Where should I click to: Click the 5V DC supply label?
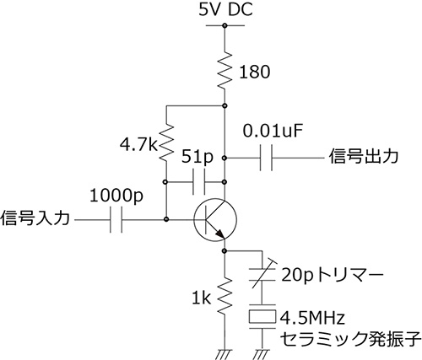(225, 9)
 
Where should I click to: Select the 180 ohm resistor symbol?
(225, 70)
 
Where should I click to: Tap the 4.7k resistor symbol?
(166, 142)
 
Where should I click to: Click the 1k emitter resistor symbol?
(225, 296)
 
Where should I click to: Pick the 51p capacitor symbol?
(199, 182)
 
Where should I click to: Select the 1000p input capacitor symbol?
(116, 220)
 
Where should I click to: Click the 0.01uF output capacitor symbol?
(266, 158)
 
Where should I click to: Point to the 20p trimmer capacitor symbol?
(262, 273)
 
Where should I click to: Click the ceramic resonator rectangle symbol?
(262, 316)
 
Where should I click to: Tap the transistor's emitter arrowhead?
(220, 234)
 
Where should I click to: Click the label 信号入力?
(35, 218)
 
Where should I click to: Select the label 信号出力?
(364, 156)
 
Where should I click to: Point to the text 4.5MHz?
(312, 318)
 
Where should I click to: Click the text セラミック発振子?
(350, 339)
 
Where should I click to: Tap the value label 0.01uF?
(273, 132)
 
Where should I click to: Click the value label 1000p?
(116, 196)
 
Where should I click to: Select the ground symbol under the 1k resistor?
(224, 354)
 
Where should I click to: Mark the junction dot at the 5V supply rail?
(225, 26)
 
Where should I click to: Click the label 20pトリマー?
(333, 275)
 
